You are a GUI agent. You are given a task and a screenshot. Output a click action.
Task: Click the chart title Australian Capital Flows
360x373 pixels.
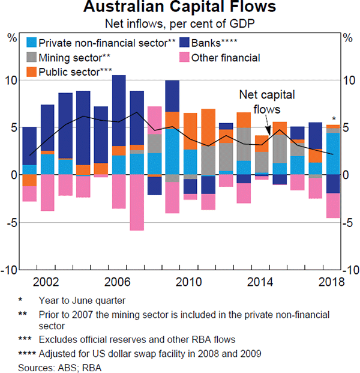pos(180,8)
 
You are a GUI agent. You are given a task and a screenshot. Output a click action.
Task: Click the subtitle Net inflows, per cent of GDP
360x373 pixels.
pos(180,25)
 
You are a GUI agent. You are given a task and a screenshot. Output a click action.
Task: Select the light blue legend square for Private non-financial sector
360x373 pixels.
pos(31,43)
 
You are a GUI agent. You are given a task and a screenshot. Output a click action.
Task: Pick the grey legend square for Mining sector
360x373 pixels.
pos(31,58)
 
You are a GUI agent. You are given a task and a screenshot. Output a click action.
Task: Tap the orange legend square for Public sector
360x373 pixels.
pos(31,72)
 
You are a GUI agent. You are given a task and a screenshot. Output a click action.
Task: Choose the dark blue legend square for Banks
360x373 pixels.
pos(184,43)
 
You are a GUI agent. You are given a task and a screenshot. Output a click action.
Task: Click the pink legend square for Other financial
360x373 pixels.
pos(184,58)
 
